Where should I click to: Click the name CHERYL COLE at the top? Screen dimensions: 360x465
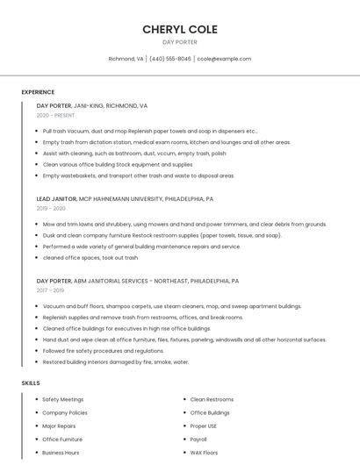click(x=180, y=29)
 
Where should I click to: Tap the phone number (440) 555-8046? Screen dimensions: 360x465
click(x=170, y=59)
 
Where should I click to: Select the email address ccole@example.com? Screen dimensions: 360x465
click(x=224, y=59)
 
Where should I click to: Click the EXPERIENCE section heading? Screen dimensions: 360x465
click(x=38, y=92)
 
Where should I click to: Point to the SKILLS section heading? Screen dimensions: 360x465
click(x=31, y=383)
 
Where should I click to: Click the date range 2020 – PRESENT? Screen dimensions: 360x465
click(x=55, y=115)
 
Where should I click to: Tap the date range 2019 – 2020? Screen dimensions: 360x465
click(x=51, y=209)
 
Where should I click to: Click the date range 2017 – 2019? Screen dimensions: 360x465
click(x=50, y=290)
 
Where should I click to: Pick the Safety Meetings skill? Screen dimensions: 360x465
click(x=63, y=399)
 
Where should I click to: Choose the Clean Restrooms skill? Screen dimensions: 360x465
click(x=212, y=399)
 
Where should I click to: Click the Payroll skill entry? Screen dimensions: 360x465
click(x=198, y=439)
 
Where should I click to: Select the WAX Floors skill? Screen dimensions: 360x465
click(x=204, y=453)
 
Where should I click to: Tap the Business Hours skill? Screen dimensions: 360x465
click(x=61, y=453)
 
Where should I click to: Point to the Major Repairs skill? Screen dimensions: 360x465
click(x=59, y=426)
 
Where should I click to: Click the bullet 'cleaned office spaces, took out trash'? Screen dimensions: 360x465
click(x=90, y=258)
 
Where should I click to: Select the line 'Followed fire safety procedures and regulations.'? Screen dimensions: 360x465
click(x=104, y=351)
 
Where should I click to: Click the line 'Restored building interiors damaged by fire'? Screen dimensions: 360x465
click(x=116, y=361)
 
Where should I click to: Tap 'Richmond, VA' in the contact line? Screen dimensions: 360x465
click(x=126, y=59)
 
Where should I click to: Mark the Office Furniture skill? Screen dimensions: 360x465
click(x=62, y=439)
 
